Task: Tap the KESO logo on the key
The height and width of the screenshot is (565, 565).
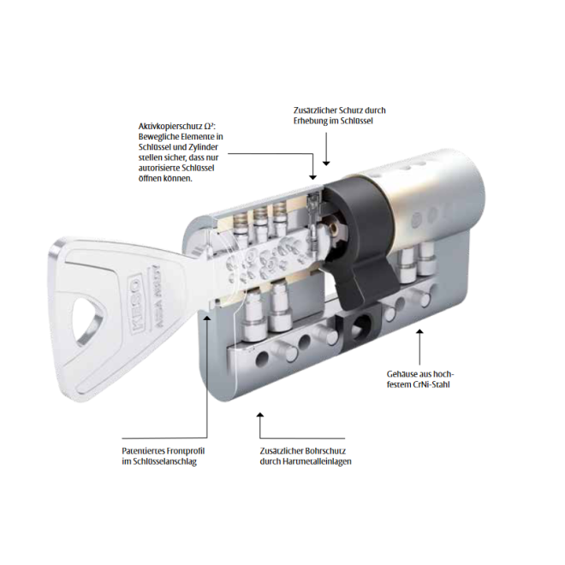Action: coord(135,303)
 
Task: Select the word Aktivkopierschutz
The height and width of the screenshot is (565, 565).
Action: coord(170,127)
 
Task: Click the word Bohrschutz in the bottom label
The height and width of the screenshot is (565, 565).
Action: coord(325,451)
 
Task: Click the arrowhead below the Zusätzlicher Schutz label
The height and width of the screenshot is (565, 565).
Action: coord(326,164)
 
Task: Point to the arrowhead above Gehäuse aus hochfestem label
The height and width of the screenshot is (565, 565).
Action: coord(419,331)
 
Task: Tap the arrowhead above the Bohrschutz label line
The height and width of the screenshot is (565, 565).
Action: coord(259,415)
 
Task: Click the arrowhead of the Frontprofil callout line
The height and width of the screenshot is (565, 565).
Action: coord(207,317)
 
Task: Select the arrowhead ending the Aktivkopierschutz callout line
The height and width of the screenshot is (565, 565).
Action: coord(312,177)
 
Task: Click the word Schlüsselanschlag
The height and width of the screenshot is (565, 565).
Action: coord(164,461)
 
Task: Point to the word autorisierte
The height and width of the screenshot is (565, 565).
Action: coord(159,168)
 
